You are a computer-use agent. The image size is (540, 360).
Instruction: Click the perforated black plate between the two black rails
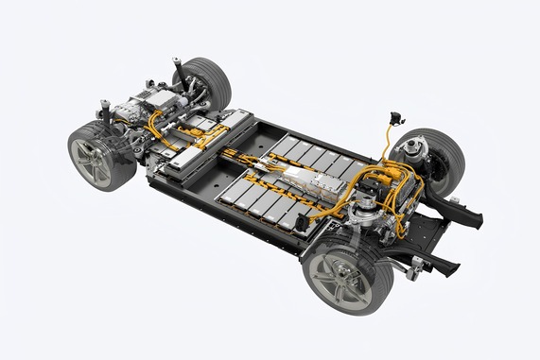(x=427, y=236)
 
